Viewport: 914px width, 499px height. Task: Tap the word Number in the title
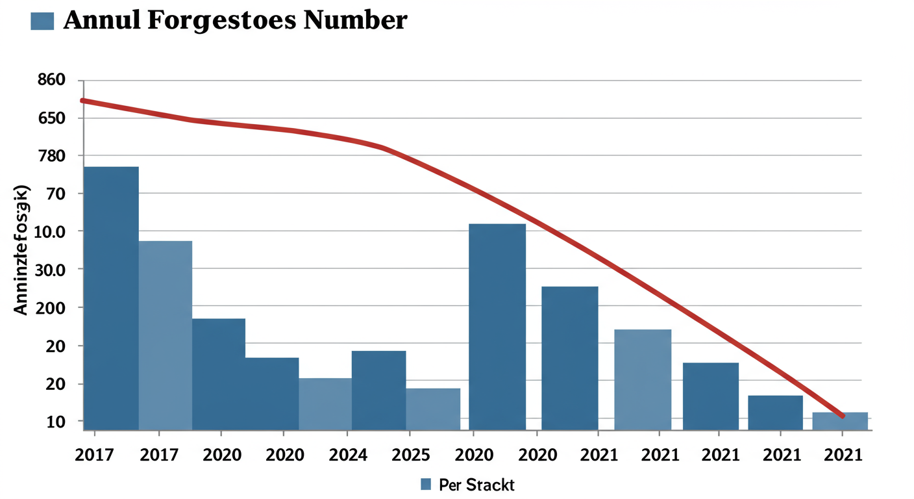(x=356, y=20)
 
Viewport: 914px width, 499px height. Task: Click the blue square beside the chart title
(x=42, y=21)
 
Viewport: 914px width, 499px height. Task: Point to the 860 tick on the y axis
(x=51, y=81)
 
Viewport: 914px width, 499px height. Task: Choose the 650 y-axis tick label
(x=51, y=118)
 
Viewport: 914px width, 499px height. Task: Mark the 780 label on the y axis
(x=51, y=156)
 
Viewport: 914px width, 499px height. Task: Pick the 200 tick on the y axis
(x=51, y=307)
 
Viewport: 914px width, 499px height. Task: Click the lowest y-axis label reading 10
(x=56, y=422)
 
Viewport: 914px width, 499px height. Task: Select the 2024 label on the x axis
(x=348, y=455)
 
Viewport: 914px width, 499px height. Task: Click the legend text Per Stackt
(x=476, y=485)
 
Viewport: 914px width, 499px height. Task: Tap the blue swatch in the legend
(x=426, y=484)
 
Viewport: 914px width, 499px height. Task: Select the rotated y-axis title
(x=21, y=250)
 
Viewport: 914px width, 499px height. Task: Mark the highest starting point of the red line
(x=82, y=101)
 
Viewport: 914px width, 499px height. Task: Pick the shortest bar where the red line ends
(x=840, y=421)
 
